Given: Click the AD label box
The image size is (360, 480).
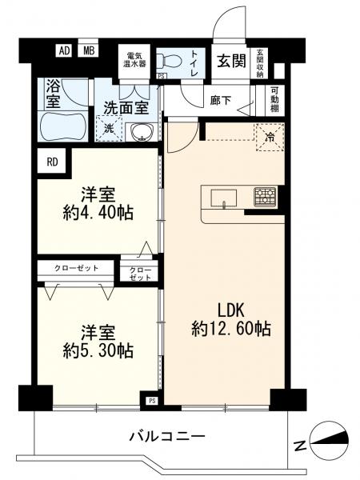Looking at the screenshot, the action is pos(64,50).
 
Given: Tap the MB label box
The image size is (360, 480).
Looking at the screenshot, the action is pos(89,50).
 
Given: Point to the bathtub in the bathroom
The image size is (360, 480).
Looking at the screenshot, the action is pos(63,126).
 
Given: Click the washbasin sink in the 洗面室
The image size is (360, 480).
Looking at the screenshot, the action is pos(142,132).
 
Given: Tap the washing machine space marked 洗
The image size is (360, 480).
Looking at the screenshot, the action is pos(109,129).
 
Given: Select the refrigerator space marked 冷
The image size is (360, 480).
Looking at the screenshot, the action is pos(270,138).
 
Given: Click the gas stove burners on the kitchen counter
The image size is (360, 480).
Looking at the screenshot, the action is pos(265,196).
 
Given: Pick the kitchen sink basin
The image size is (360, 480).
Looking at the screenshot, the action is pos(223,198).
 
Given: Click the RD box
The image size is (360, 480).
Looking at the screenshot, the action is pos(52,162).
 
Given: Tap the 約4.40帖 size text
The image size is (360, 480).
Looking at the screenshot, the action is pos(98,213).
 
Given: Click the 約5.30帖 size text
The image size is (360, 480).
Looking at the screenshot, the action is pos(98,350).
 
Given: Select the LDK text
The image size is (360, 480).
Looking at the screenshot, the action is pos(231,310).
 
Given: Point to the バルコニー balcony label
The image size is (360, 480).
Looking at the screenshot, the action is pos(167,436).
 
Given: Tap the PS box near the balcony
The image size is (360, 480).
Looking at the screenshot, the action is pos(152,401).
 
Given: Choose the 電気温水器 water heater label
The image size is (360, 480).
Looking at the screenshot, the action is pos(134,60).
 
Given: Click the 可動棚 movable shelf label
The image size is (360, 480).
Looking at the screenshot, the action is pos(274,100).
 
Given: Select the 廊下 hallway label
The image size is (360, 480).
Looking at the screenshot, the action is pos(221,100).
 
